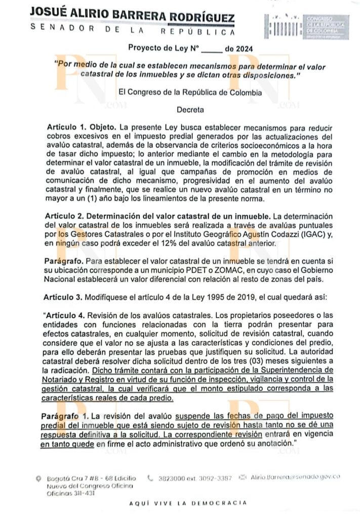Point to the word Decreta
click(188, 109)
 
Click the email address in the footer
click(295, 477)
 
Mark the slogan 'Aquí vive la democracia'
click(188, 503)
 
